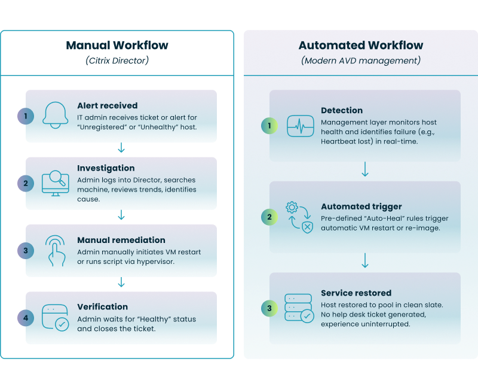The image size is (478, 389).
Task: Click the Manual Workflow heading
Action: (117, 45)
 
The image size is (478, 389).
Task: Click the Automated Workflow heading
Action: (360, 45)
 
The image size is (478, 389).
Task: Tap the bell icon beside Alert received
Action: (54, 116)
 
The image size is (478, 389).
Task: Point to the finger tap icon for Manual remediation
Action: (54, 250)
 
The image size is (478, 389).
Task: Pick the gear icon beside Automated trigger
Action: (293, 208)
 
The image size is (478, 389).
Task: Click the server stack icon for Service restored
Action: (298, 308)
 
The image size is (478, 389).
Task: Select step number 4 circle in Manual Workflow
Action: (26, 318)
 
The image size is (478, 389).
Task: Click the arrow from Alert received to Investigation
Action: (121, 148)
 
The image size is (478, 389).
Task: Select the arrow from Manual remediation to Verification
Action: (121, 282)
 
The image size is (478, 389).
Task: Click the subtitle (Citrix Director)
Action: (117, 60)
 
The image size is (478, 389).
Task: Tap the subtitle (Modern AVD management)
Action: (360, 60)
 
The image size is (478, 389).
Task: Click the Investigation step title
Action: (106, 168)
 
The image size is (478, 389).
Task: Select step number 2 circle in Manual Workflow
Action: (26, 183)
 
